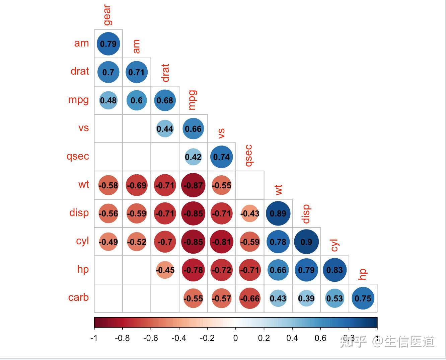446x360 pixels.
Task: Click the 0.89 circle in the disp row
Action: pos(278,213)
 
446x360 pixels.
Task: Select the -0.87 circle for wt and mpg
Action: pos(193,185)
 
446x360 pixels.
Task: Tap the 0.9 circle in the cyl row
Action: pos(306,242)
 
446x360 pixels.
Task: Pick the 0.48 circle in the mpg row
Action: pos(108,100)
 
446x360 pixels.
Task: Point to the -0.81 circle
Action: pos(222,242)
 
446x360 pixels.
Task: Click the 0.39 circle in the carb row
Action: pos(306,298)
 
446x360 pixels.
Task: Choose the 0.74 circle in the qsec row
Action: pos(222,157)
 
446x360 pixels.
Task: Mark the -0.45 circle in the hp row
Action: pos(165,270)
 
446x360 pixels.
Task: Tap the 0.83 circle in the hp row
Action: pos(334,270)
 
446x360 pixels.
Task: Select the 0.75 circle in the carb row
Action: pos(363,298)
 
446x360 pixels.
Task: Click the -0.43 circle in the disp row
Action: pos(250,213)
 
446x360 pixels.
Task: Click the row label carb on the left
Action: pos(79,297)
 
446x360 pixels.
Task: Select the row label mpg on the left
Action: pos(79,100)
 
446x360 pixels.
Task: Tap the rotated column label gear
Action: pos(107,15)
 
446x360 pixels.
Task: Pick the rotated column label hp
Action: pos(363,274)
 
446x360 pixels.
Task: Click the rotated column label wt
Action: pos(279,190)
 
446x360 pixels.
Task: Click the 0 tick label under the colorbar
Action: pos(236,338)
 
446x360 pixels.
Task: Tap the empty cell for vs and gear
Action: pos(108,129)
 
